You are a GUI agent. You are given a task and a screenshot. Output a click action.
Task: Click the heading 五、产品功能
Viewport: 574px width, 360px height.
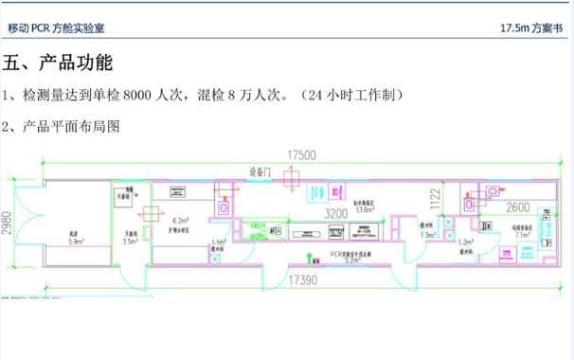tap(59, 64)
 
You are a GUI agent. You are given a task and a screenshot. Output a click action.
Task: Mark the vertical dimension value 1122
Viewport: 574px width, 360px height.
tap(435, 197)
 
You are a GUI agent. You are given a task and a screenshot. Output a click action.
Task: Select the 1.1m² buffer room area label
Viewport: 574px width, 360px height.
tap(219, 243)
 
